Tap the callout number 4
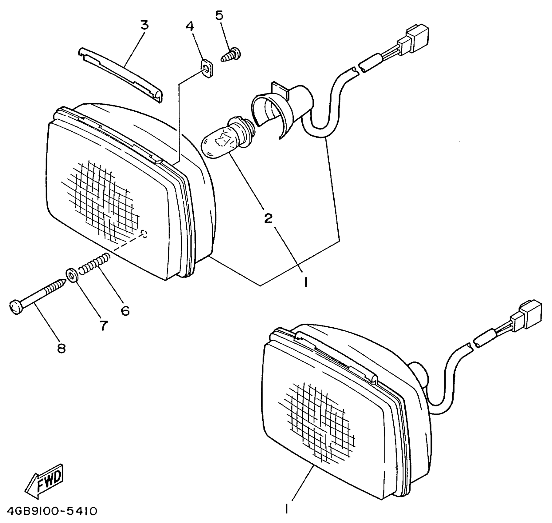[190, 26]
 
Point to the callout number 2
[268, 218]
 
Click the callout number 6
[125, 311]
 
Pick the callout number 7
[103, 325]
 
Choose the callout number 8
[62, 348]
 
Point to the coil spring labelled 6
[94, 263]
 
